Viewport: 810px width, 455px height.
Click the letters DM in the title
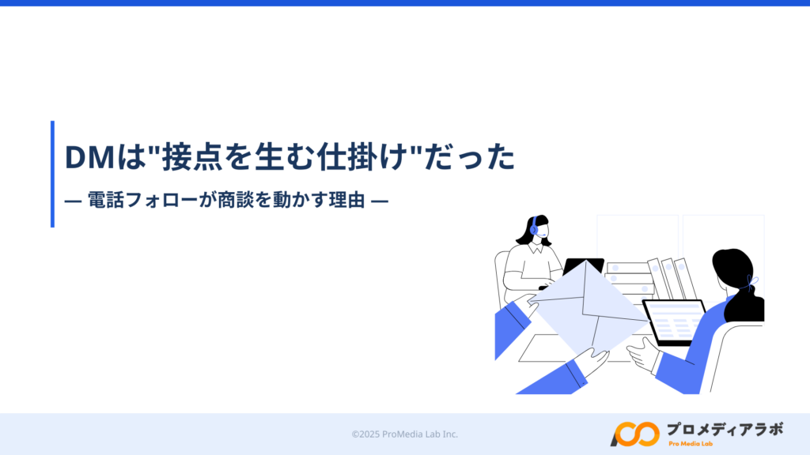[x=89, y=157]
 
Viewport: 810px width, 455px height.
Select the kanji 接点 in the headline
[x=193, y=156]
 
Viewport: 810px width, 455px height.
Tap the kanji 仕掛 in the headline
[x=348, y=156]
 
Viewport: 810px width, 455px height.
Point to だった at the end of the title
[x=470, y=156]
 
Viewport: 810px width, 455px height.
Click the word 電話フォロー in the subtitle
[x=142, y=200]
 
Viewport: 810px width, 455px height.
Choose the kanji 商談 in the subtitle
[x=236, y=200]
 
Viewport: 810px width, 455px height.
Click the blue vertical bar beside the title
[x=52, y=174]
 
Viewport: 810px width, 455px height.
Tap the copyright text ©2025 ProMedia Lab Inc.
[x=404, y=434]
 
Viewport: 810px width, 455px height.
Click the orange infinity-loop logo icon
[x=635, y=434]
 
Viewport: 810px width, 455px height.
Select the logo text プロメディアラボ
[x=725, y=429]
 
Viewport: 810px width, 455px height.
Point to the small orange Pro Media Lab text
[x=690, y=444]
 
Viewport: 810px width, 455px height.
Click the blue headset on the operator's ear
[x=534, y=227]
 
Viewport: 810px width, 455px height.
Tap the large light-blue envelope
[x=588, y=308]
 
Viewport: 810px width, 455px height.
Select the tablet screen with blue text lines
[x=674, y=322]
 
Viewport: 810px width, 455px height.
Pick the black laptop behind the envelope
[x=583, y=266]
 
